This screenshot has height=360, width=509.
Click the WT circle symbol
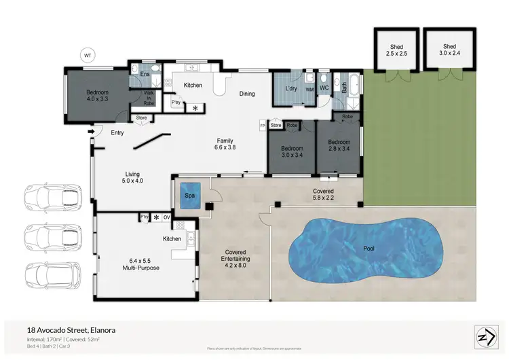click(87, 54)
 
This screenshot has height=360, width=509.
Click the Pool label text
click(369, 249)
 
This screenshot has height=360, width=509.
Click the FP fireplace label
click(263, 126)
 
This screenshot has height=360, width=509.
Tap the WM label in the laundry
click(309, 89)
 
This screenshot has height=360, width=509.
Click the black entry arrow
click(91, 131)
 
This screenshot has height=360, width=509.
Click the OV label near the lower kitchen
click(166, 217)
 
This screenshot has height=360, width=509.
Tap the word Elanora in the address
click(99, 330)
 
